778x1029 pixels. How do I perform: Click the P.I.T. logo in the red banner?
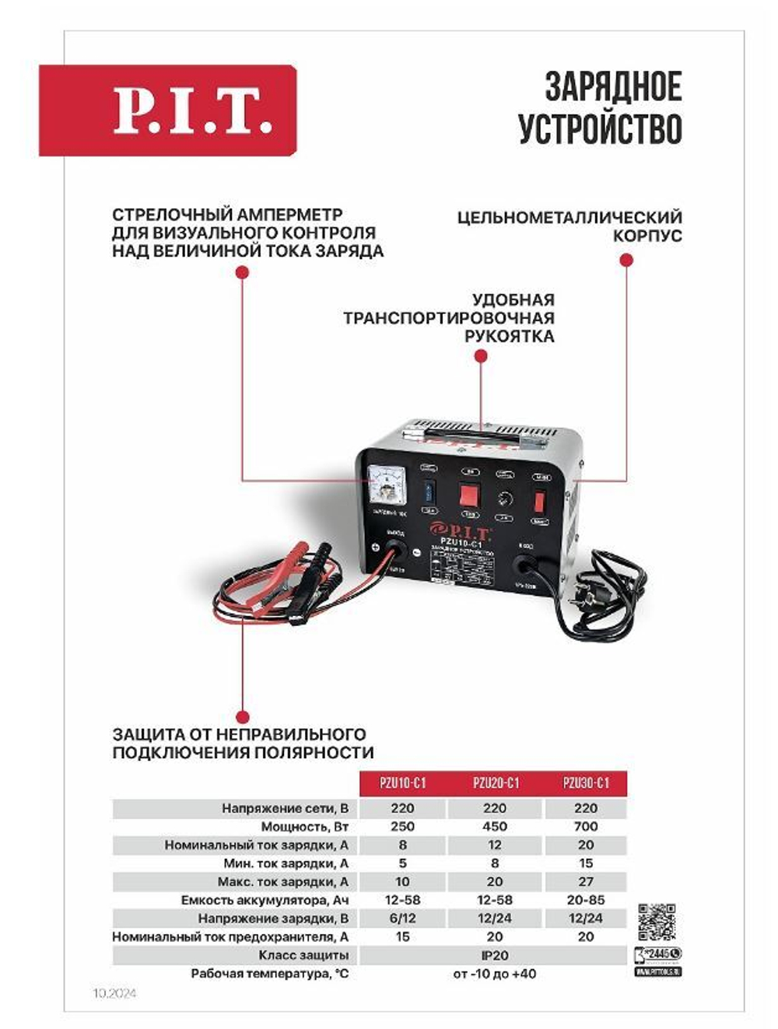pyautogui.click(x=193, y=110)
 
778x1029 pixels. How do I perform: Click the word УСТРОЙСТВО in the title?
pyautogui.click(x=600, y=129)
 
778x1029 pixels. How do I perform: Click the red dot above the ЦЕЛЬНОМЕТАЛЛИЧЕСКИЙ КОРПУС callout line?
pyautogui.click(x=626, y=261)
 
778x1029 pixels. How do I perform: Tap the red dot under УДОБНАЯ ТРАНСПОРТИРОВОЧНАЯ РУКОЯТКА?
pyautogui.click(x=481, y=356)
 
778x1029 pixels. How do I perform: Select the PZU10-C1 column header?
pyautogui.click(x=402, y=782)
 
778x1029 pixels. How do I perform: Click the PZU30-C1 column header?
pyautogui.click(x=585, y=782)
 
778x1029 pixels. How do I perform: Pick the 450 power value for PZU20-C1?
pyautogui.click(x=494, y=826)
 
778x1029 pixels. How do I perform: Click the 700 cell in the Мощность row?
pyautogui.click(x=585, y=826)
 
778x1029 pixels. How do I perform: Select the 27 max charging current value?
pyautogui.click(x=585, y=881)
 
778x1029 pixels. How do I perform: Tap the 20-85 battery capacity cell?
pyautogui.click(x=585, y=900)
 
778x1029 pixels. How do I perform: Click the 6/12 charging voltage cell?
pyautogui.click(x=402, y=918)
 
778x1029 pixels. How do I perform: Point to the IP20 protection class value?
pyautogui.click(x=494, y=955)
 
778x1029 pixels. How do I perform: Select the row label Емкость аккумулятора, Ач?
pyautogui.click(x=265, y=900)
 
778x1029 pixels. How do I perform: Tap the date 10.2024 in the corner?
pyautogui.click(x=114, y=993)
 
